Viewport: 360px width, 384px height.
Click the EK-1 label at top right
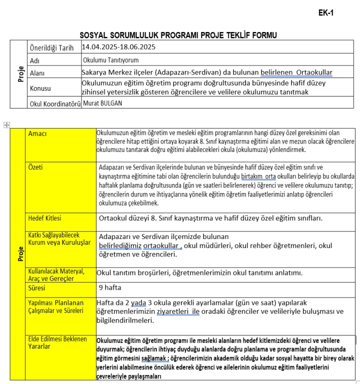point(325,13)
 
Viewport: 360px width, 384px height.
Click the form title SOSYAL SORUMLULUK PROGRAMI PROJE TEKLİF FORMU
point(178,35)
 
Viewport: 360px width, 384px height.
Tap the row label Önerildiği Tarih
point(51,48)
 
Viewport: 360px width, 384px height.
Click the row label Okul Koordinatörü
point(55,104)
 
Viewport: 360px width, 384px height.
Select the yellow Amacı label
point(37,134)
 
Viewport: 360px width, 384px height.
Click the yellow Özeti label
point(36,167)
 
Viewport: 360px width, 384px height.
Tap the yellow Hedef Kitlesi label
point(44,218)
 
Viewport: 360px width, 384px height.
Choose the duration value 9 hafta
point(110,287)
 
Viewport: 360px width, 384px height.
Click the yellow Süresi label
point(36,288)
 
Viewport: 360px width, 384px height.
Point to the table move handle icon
point(6,124)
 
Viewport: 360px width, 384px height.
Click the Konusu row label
point(41,88)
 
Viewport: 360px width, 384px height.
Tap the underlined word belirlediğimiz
point(120,245)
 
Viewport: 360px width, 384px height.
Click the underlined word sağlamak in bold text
point(154,358)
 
